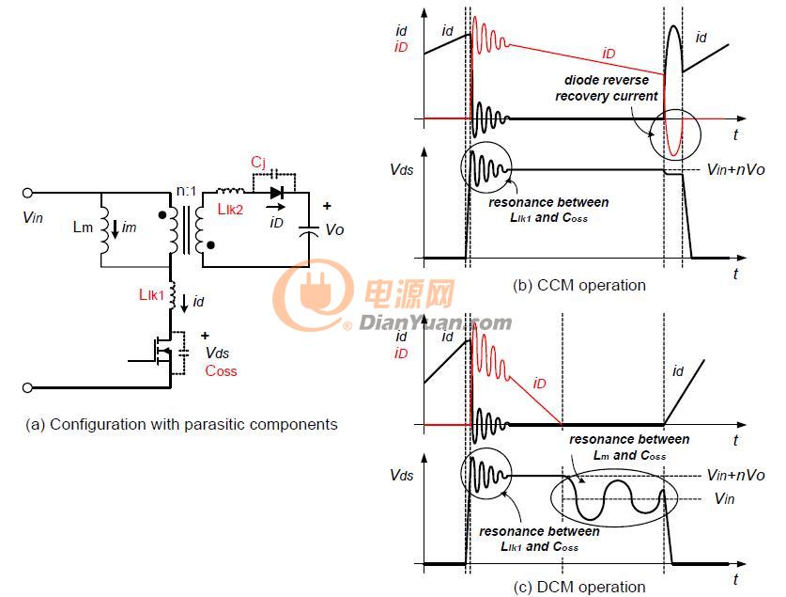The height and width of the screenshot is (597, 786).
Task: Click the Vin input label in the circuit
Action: pyautogui.click(x=33, y=217)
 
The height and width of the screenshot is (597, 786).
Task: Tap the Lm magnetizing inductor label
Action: pyautogui.click(x=83, y=228)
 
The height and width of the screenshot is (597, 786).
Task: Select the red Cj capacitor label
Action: pyautogui.click(x=258, y=163)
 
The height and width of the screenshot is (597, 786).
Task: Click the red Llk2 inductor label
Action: pyautogui.click(x=231, y=210)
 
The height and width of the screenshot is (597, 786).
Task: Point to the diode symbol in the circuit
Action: pyautogui.click(x=277, y=192)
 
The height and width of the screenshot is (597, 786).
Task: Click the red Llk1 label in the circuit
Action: pyautogui.click(x=151, y=294)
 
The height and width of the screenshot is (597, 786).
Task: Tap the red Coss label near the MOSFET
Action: pyautogui.click(x=221, y=370)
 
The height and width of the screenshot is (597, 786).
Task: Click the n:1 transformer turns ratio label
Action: pyautogui.click(x=186, y=191)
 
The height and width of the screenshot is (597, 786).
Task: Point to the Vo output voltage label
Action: pyautogui.click(x=334, y=229)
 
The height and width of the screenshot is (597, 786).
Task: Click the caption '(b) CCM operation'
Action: pyautogui.click(x=579, y=285)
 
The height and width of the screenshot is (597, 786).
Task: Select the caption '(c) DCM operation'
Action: pyautogui.click(x=579, y=587)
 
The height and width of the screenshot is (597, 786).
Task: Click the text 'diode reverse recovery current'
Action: pyautogui.click(x=606, y=87)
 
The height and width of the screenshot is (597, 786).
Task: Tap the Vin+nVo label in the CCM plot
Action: pyautogui.click(x=735, y=169)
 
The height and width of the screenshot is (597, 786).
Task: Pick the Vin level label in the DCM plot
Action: pyautogui.click(x=724, y=498)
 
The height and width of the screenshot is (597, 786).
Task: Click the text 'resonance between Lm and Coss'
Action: pyautogui.click(x=629, y=447)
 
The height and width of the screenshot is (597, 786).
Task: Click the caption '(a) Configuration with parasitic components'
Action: pyautogui.click(x=181, y=424)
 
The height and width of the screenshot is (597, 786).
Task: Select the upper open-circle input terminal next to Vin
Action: pyautogui.click(x=27, y=193)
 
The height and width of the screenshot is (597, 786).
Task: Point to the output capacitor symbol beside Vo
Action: pyautogui.click(x=308, y=229)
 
